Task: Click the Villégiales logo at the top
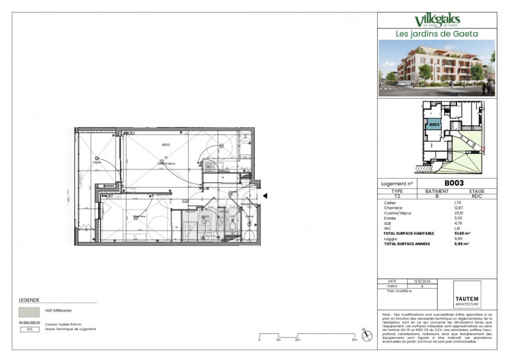coord(437,22)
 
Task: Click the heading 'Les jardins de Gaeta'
coord(437,34)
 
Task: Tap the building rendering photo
coord(437,68)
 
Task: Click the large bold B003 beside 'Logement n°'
coord(454,183)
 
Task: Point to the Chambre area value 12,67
coord(458,208)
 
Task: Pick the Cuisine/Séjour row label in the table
coord(396,213)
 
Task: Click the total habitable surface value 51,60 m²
coord(462,233)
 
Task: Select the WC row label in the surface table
coord(387,228)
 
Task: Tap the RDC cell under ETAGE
coord(477,196)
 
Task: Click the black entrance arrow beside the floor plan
coord(264,195)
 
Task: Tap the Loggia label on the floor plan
coord(97,162)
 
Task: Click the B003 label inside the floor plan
coord(165,145)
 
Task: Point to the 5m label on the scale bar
coord(355,341)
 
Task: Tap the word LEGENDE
coord(30,300)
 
